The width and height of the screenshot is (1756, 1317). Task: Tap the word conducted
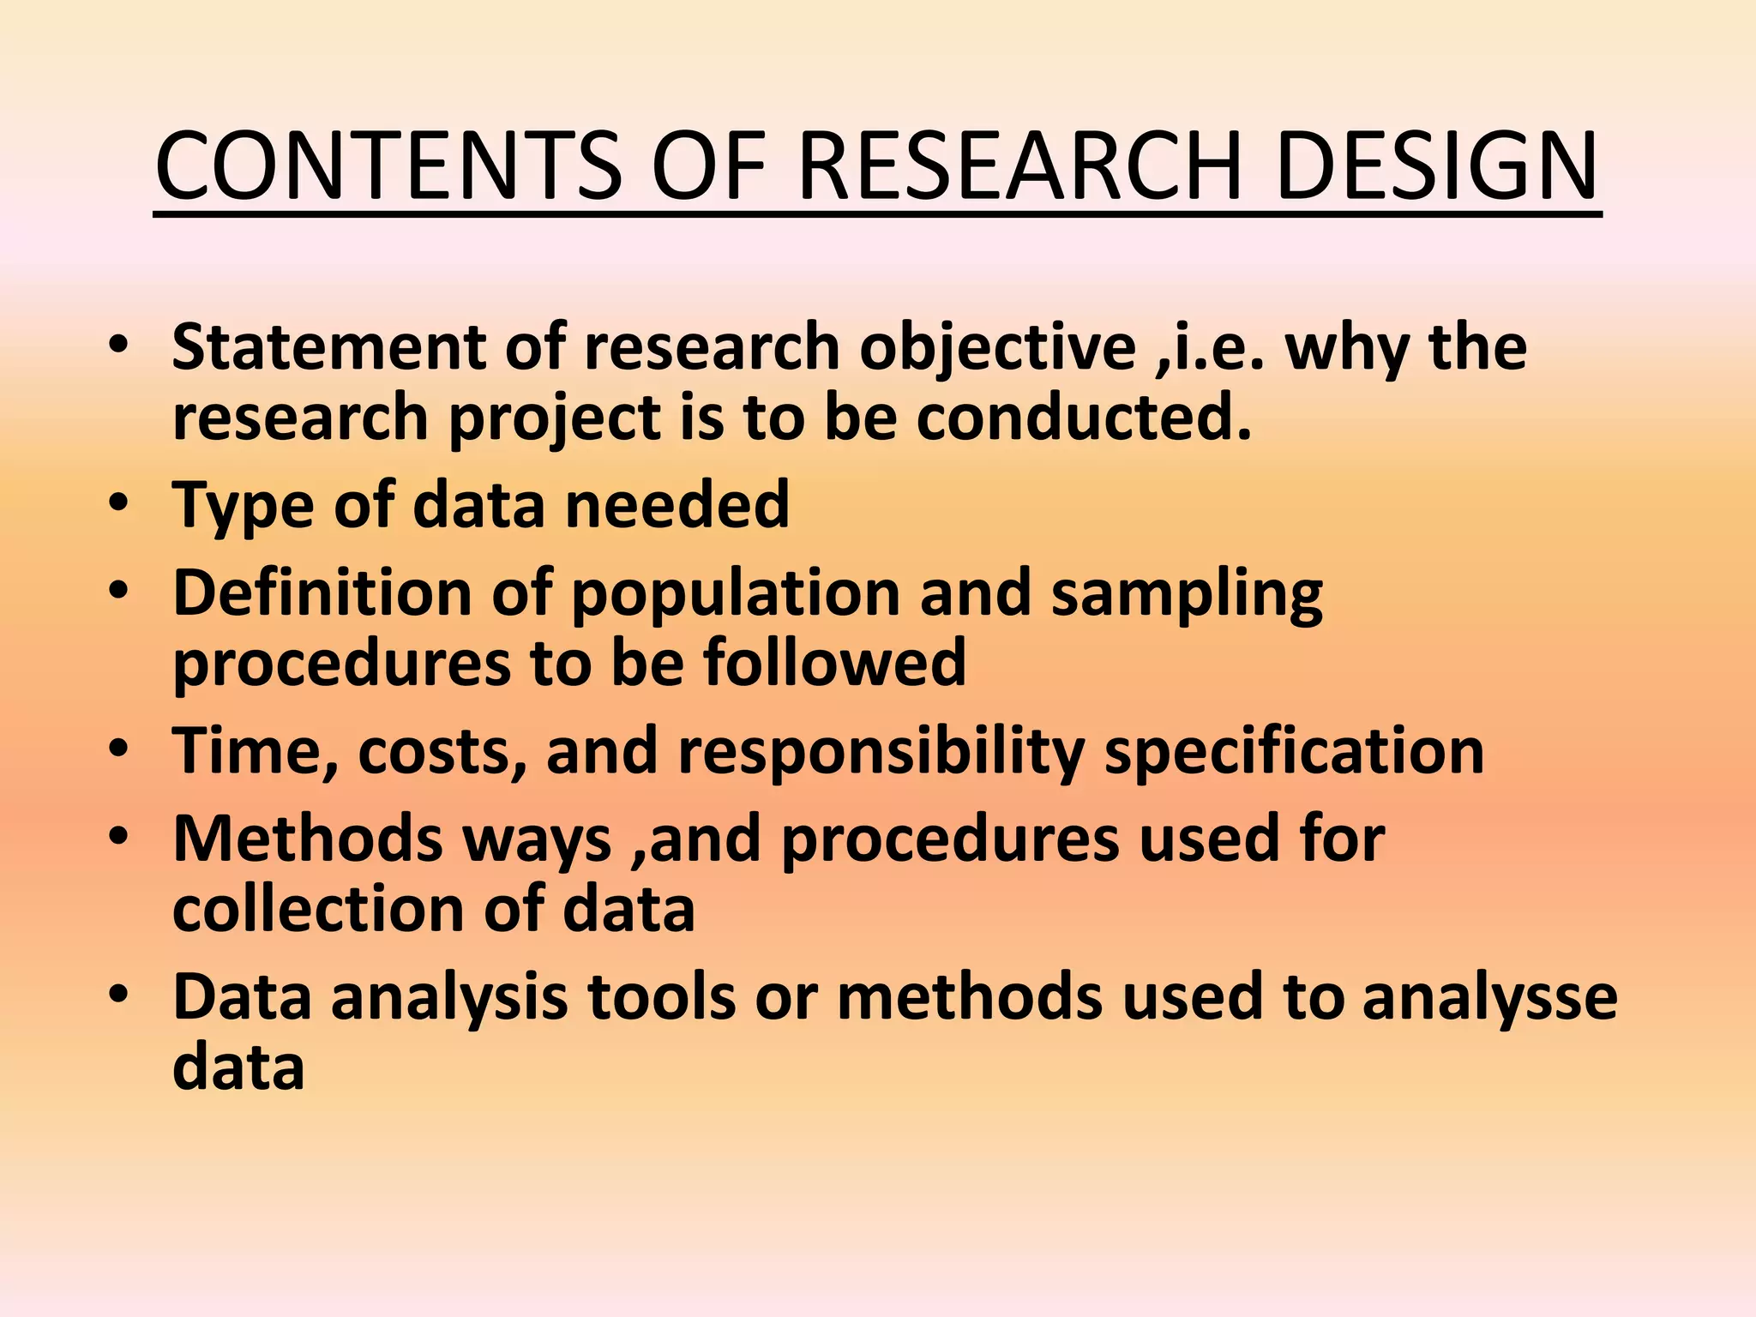point(1084,418)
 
